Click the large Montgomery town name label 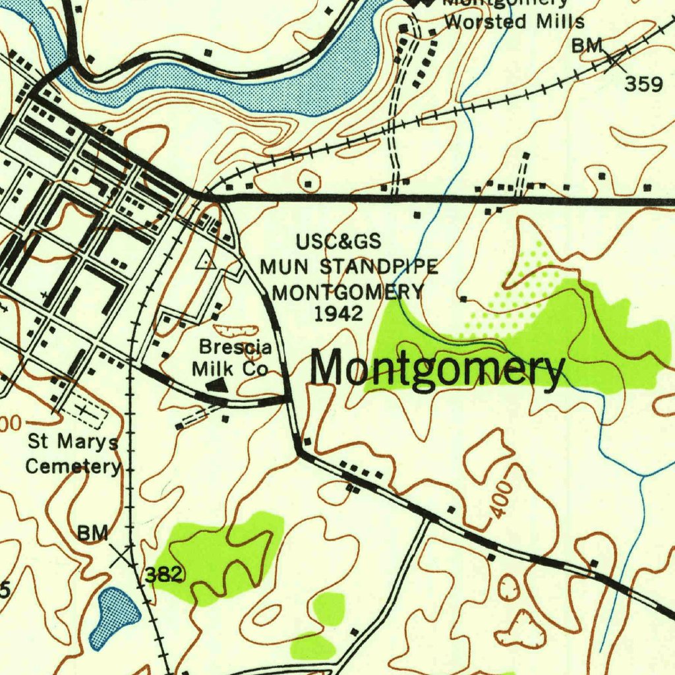coord(437,369)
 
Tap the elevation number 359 coord(643,85)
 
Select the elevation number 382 coord(163,575)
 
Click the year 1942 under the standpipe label coord(338,313)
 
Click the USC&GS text coord(338,242)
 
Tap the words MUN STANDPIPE coord(349,267)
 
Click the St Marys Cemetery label coord(73,454)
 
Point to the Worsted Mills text coord(514,22)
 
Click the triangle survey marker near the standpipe coord(206,260)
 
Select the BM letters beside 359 coord(587,45)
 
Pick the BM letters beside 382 coord(93,533)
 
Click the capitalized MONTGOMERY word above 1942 coord(347,291)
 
